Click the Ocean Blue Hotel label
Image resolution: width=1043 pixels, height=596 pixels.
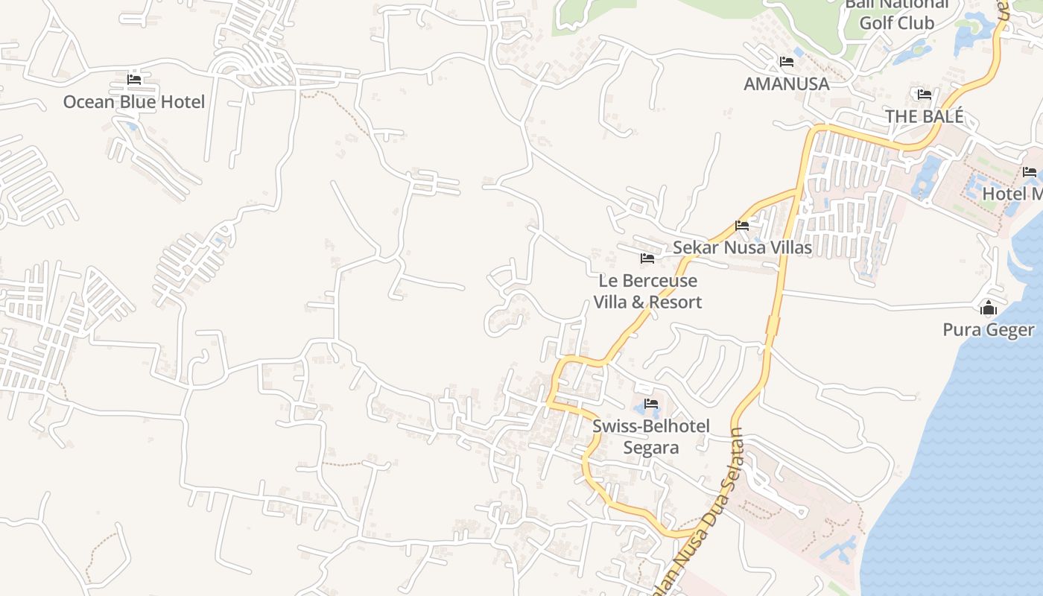click(133, 102)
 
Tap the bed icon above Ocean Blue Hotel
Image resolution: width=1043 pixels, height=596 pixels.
click(134, 79)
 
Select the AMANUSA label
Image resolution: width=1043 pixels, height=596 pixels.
click(786, 83)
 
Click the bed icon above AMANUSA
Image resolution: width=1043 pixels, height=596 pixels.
click(786, 61)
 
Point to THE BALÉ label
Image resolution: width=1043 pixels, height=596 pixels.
click(924, 116)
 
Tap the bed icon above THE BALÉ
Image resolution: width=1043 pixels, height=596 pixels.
click(925, 94)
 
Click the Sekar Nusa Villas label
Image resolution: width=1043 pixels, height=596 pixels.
click(742, 247)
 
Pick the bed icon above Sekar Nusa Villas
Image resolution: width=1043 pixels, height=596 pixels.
click(742, 225)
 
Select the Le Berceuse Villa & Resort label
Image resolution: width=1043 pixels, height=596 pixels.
click(647, 291)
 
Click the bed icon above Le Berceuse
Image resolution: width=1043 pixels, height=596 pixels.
click(647, 259)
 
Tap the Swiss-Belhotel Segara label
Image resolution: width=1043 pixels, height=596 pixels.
click(650, 437)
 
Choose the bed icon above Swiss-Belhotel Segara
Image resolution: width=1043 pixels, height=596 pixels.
click(651, 404)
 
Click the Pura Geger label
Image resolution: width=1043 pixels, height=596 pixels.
click(988, 329)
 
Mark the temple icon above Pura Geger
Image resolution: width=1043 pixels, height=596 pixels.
click(989, 307)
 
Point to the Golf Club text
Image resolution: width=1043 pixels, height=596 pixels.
click(896, 22)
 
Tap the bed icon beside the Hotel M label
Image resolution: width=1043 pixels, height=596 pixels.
click(1030, 171)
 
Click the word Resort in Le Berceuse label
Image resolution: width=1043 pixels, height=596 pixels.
click(673, 302)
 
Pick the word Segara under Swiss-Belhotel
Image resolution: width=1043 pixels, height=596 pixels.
click(650, 447)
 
